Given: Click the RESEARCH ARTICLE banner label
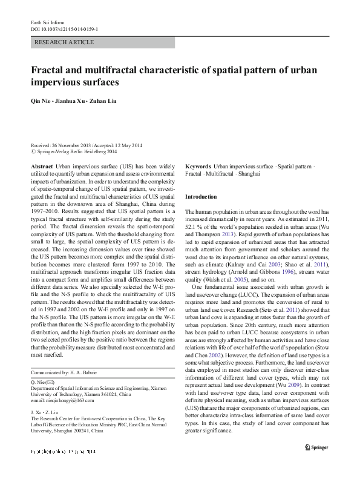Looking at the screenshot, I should (x=65, y=42).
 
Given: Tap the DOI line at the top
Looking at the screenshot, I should (x=65, y=29).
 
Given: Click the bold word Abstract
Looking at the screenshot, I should (x=41, y=166).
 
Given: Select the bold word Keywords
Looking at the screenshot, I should (x=198, y=166).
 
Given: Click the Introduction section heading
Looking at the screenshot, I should (x=200, y=197).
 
